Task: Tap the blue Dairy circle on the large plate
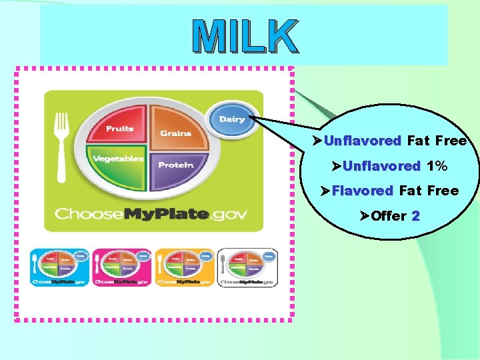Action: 231,119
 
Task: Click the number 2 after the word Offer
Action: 416,216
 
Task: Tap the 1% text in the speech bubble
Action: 437,166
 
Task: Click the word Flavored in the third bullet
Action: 362,191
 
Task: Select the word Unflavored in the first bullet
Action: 362,141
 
